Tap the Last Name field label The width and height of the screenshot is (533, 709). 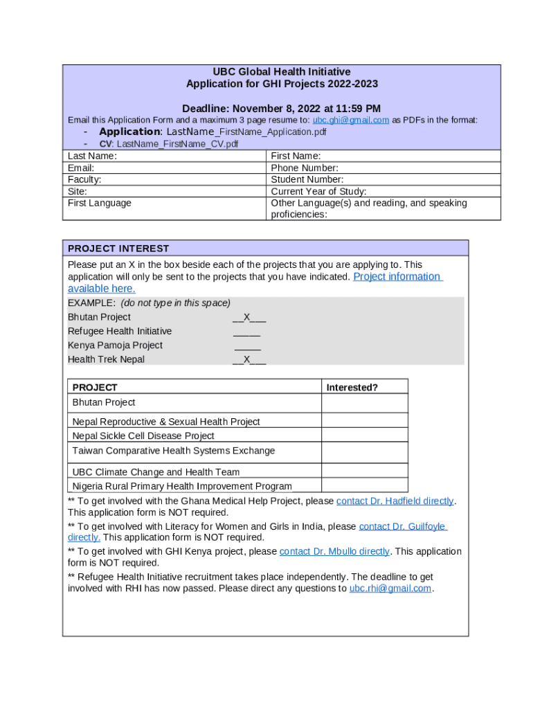[92, 156]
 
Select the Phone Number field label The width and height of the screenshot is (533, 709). [305, 168]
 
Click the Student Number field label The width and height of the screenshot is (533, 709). [307, 180]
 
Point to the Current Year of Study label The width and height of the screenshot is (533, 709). [318, 192]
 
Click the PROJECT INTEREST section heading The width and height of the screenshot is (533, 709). [118, 249]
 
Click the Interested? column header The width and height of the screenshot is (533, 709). [352, 388]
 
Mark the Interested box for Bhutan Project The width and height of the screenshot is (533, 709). [364, 403]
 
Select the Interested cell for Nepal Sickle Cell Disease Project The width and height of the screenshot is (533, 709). [364, 436]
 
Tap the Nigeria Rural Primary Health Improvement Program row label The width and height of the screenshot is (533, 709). [182, 486]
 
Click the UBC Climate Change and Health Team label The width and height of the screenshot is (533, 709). [156, 472]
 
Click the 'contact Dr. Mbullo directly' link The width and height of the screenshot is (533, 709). [334, 552]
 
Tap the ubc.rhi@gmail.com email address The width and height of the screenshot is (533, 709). [390, 589]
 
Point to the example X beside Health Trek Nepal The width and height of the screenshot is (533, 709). [247, 359]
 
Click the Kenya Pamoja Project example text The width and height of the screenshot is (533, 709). [115, 345]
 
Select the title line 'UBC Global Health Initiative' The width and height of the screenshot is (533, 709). [282, 72]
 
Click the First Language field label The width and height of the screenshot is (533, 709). [100, 204]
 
